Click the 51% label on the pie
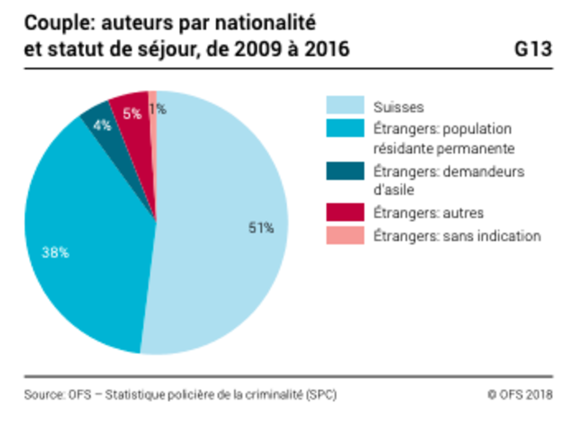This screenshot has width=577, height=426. [261, 228]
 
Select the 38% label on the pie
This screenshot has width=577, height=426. [55, 253]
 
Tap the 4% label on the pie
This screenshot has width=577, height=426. [102, 125]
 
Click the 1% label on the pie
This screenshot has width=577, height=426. [158, 108]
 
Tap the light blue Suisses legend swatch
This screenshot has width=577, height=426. [345, 106]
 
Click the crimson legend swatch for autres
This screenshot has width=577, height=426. [345, 213]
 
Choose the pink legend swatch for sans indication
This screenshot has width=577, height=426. [345, 236]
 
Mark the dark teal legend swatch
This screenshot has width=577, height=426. [345, 171]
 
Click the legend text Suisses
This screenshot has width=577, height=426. [398, 106]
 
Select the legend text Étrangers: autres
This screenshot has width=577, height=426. [428, 213]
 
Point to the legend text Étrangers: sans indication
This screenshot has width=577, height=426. [457, 236]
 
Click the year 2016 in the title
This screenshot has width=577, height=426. [324, 49]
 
